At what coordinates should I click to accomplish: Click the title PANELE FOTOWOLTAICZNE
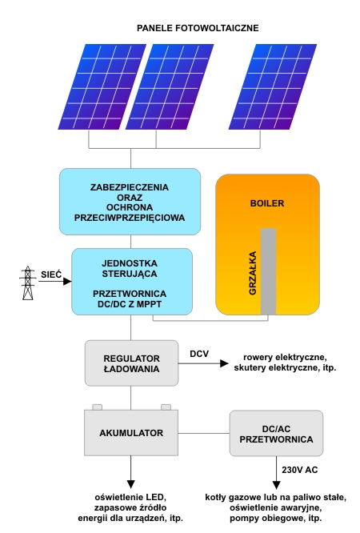tap(198, 28)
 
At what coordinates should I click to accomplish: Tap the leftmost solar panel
tap(102, 86)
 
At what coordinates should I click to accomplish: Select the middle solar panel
tap(170, 86)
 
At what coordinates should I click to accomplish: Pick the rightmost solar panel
tap(273, 86)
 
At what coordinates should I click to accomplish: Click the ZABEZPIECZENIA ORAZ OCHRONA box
tap(130, 202)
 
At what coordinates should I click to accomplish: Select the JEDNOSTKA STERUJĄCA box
tap(132, 282)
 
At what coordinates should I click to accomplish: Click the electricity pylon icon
tap(27, 283)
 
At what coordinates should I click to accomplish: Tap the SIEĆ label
tap(51, 275)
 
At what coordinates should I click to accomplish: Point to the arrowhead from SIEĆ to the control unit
tap(67, 281)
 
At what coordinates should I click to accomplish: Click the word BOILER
tap(267, 203)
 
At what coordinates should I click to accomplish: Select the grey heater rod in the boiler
tap(268, 271)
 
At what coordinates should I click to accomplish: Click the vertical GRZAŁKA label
tap(253, 273)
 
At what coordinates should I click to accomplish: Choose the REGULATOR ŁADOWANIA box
tap(131, 363)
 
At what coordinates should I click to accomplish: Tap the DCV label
tap(199, 354)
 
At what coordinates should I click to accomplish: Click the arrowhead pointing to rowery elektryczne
tap(224, 363)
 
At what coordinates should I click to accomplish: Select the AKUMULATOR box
tap(131, 433)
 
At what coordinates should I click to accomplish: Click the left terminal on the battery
tap(98, 407)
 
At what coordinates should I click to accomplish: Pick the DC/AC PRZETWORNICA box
tap(276, 434)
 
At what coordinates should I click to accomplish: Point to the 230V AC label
tap(300, 470)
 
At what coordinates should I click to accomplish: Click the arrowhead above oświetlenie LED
tap(131, 484)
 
